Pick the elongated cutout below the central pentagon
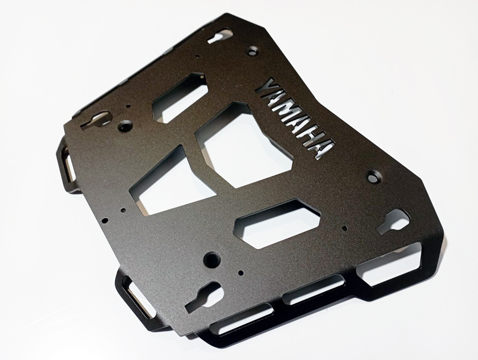click(277, 223)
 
